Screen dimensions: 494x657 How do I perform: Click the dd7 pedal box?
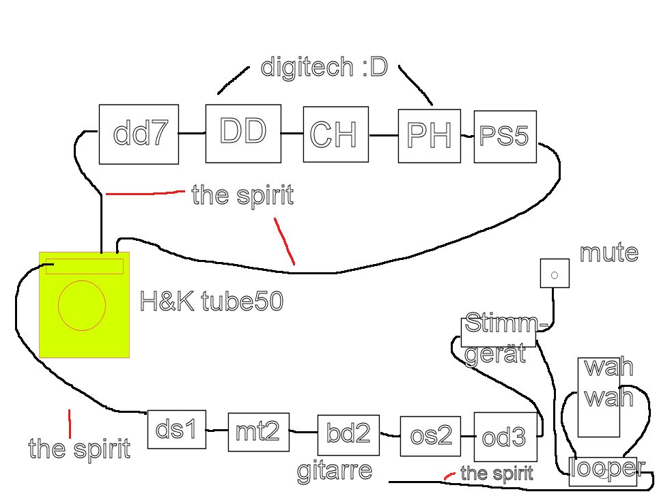[x=139, y=134]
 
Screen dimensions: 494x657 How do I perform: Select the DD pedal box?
[x=243, y=133]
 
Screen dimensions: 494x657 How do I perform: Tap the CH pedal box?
[x=335, y=134]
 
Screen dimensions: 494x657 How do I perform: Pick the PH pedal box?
[x=430, y=136]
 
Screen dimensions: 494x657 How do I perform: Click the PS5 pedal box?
[x=505, y=136]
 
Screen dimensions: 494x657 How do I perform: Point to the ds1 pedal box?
[x=176, y=430]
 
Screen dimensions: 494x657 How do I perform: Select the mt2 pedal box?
[x=258, y=432]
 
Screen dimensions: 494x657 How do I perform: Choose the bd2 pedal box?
[x=348, y=435]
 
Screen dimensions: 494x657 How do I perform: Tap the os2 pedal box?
[x=431, y=437]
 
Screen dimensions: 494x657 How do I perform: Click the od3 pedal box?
[x=505, y=437]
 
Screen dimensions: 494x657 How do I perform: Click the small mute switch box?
[x=555, y=274]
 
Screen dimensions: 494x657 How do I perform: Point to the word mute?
[x=609, y=253]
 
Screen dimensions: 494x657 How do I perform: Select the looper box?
[x=603, y=471]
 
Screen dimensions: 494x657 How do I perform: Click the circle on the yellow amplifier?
[x=82, y=304]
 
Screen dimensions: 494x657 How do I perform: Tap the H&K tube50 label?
[x=211, y=301]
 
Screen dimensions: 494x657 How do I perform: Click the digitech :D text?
[x=324, y=68]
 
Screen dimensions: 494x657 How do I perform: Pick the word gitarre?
[x=335, y=471]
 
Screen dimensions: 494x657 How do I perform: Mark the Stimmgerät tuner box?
[x=499, y=332]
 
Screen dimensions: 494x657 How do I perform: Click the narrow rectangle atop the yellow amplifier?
[x=85, y=266]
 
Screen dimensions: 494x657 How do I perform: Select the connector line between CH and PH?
[x=383, y=136]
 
